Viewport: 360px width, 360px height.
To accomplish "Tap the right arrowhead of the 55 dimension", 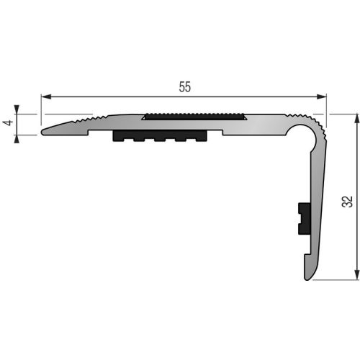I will (x=323, y=96).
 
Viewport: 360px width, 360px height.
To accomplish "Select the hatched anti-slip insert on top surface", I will (x=195, y=116).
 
